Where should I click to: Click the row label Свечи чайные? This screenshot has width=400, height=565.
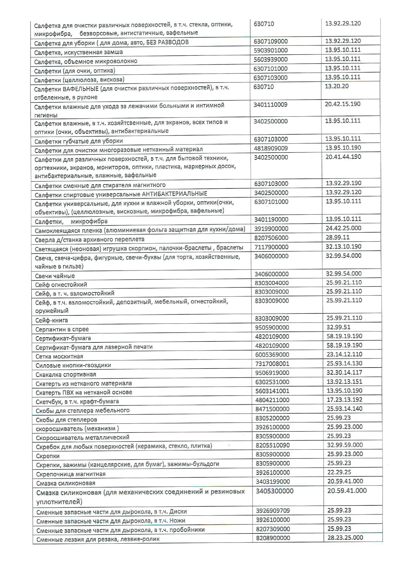click(55, 276)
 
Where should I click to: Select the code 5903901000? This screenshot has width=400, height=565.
click(271, 50)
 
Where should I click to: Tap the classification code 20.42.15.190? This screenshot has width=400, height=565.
click(343, 104)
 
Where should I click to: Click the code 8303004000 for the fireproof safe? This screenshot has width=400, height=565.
click(272, 283)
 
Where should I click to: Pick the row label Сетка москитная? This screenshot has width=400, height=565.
click(59, 356)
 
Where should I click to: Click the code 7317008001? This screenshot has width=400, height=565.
click(272, 364)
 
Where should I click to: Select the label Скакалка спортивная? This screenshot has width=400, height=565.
click(66, 374)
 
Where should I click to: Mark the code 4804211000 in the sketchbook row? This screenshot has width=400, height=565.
click(272, 400)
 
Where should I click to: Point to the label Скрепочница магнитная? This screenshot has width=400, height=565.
click(71, 474)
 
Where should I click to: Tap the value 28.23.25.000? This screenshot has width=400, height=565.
click(345, 537)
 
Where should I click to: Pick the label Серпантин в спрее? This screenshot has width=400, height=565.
click(62, 329)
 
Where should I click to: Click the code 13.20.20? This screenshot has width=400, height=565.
click(337, 86)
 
